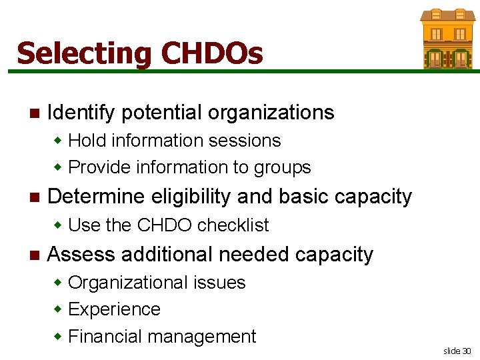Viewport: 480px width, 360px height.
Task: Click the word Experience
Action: [114, 309]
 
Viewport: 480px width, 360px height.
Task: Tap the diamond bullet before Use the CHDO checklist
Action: [59, 225]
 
